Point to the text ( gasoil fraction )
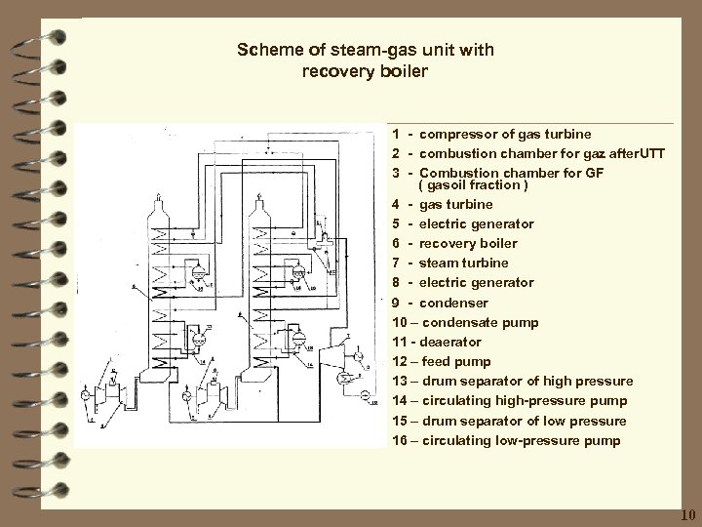[473, 185]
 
